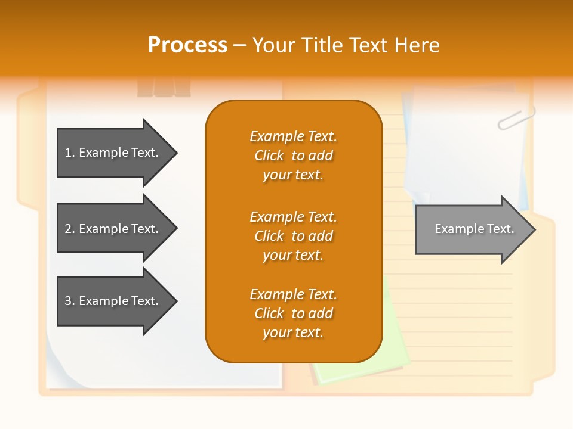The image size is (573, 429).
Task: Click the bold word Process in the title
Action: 187,45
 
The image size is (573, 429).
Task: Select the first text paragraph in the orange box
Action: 293,156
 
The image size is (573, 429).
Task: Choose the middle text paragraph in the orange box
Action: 293,236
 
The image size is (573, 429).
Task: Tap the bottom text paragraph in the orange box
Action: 293,313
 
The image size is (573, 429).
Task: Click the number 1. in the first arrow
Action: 70,153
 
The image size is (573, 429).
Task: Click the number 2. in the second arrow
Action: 70,229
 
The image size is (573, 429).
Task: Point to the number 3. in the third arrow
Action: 70,301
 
